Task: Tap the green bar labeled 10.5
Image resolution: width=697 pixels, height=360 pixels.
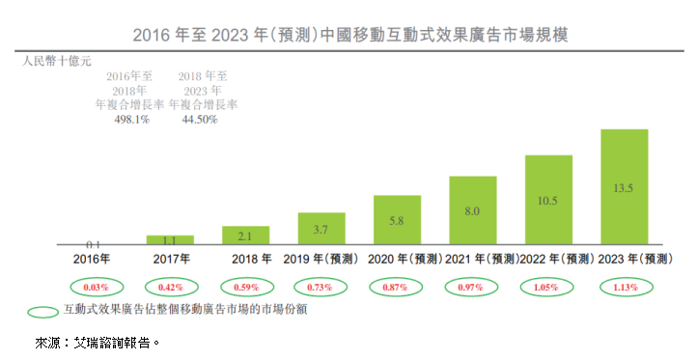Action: coord(548,200)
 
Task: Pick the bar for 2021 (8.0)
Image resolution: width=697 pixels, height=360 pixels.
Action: coord(473,210)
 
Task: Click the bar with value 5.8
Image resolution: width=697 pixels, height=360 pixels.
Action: coord(397,220)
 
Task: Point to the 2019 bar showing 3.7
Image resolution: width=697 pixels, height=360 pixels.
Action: coord(321,229)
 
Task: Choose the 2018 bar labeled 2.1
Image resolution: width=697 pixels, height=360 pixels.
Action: coord(245,236)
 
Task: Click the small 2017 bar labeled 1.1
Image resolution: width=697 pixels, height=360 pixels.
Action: coord(170,239)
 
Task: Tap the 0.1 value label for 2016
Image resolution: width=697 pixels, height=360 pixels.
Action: coord(94,245)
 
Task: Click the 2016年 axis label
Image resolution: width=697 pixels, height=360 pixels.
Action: coord(93,259)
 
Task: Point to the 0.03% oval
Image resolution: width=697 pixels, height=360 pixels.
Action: coord(94,288)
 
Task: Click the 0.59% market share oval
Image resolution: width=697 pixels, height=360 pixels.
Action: coord(245,288)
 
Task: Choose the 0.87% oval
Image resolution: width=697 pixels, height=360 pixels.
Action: coord(397,288)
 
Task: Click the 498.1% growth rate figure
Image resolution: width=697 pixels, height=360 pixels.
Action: coord(131,120)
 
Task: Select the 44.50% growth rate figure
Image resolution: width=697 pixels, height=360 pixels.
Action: coord(200,120)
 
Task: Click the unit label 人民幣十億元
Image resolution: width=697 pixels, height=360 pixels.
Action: coord(57,61)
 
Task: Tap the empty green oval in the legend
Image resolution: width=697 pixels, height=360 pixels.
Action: coord(42,312)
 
